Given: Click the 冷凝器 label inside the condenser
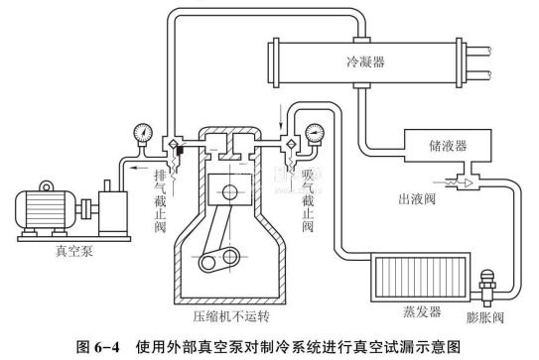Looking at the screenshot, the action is [x=365, y=61].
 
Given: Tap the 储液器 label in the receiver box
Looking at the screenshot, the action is [x=448, y=146].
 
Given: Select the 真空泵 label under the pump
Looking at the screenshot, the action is [x=74, y=251].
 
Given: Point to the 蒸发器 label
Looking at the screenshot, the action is [x=422, y=312].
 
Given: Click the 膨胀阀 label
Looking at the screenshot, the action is [x=485, y=317].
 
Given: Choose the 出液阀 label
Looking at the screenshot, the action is [x=417, y=199].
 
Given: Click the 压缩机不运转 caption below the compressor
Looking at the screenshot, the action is [x=231, y=316].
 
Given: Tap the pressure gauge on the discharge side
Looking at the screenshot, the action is [x=143, y=133].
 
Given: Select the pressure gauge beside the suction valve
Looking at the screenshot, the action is [x=315, y=133].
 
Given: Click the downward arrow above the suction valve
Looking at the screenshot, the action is [x=282, y=117].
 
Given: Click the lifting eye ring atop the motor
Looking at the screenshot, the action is [x=46, y=186].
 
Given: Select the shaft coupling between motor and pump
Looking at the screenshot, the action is [x=86, y=209].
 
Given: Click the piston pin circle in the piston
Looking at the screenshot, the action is [x=230, y=192].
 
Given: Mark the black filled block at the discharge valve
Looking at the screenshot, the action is [x=180, y=150].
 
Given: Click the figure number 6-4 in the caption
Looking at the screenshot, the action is [x=106, y=347].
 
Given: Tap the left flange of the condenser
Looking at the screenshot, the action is [x=274, y=62].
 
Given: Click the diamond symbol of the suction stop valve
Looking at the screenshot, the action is [x=291, y=144].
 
